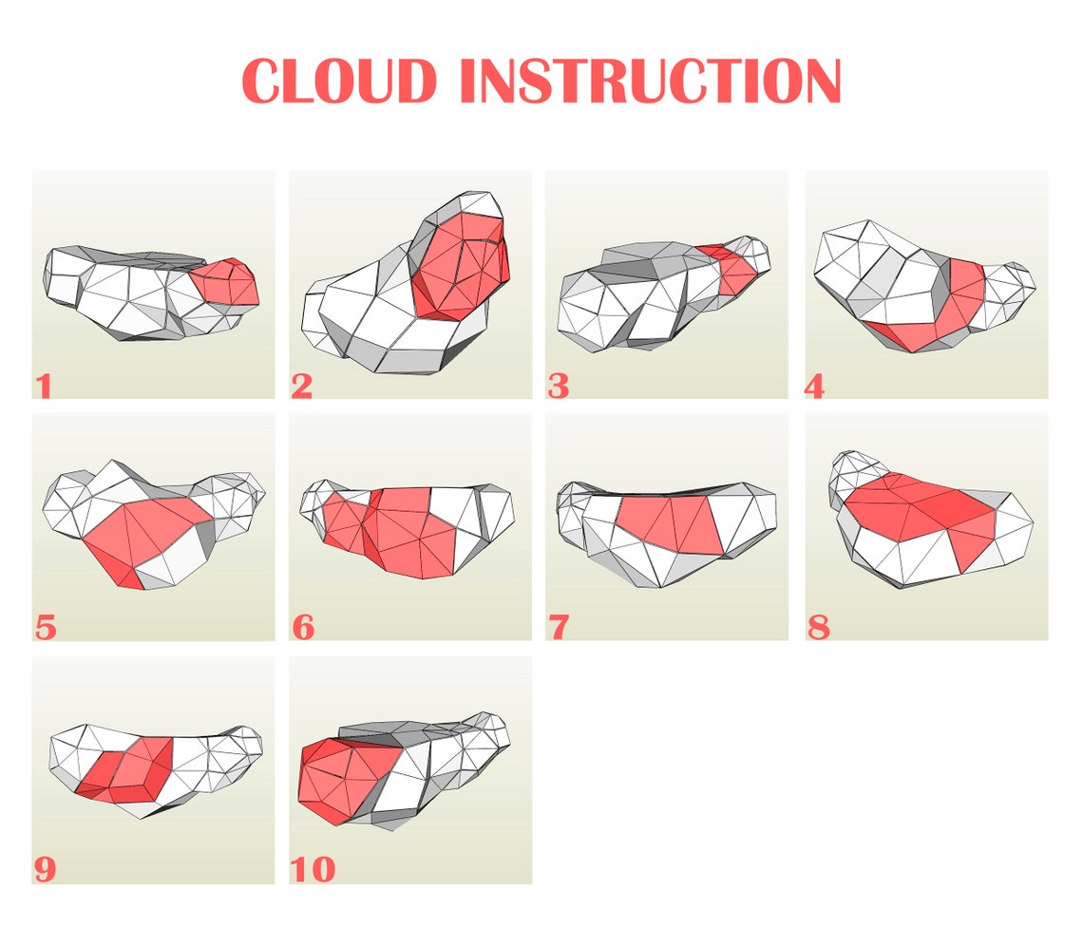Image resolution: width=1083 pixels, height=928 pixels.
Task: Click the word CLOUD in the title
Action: click(339, 82)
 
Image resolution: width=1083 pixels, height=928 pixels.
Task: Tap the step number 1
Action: click(43, 387)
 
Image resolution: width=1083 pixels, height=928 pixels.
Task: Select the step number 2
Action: click(302, 387)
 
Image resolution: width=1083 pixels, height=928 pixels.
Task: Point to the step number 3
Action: click(559, 387)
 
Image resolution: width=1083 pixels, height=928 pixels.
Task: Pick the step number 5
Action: click(45, 628)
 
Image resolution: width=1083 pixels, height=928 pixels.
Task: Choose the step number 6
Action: click(303, 628)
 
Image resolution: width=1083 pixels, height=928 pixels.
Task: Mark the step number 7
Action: click(559, 628)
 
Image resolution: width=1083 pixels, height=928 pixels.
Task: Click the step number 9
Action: click(45, 870)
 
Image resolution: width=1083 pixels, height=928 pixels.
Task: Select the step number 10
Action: click(313, 870)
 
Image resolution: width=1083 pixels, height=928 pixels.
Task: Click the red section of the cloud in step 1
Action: click(226, 282)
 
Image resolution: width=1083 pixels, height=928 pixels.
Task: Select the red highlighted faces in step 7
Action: click(670, 522)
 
